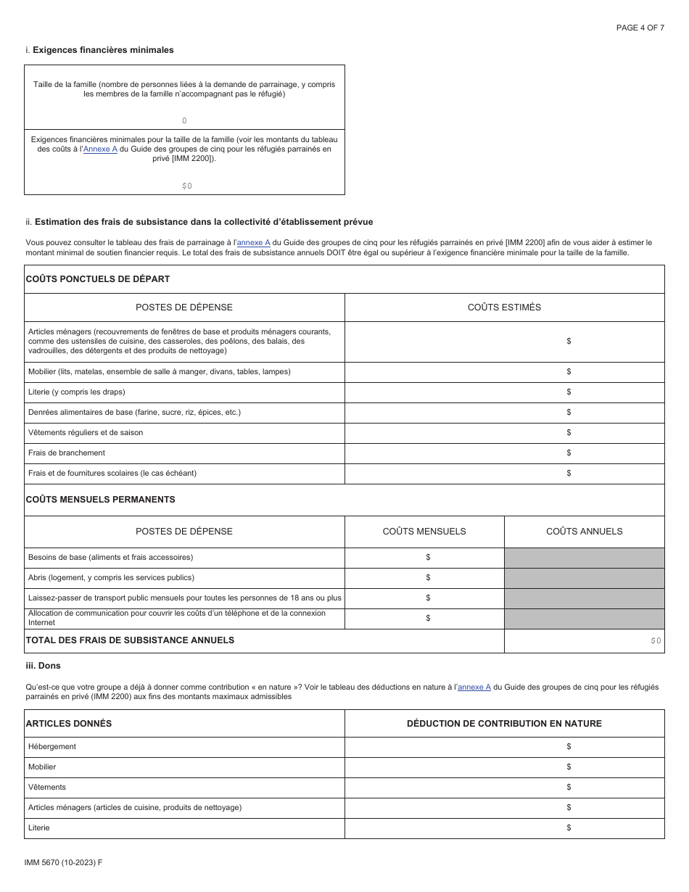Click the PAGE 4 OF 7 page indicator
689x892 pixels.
640,28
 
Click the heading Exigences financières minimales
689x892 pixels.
103,50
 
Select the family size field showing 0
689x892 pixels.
184,120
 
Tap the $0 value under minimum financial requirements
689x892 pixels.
187,186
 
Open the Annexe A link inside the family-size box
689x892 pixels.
100,149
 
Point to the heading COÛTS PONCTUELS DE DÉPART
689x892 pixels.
98,278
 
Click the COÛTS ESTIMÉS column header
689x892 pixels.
504,307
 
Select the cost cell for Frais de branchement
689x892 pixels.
504,453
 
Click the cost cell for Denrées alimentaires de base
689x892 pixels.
504,412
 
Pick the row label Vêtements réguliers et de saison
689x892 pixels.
86,432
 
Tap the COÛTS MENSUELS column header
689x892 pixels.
424,531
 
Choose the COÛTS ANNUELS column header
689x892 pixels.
584,531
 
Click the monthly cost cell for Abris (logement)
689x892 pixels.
424,577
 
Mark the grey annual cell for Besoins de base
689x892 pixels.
584,557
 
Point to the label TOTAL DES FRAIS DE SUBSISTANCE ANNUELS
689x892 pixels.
131,640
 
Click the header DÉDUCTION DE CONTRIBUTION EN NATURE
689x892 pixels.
504,723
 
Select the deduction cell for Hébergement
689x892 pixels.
504,746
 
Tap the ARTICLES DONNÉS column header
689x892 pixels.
69,723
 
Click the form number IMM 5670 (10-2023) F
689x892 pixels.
63,862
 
